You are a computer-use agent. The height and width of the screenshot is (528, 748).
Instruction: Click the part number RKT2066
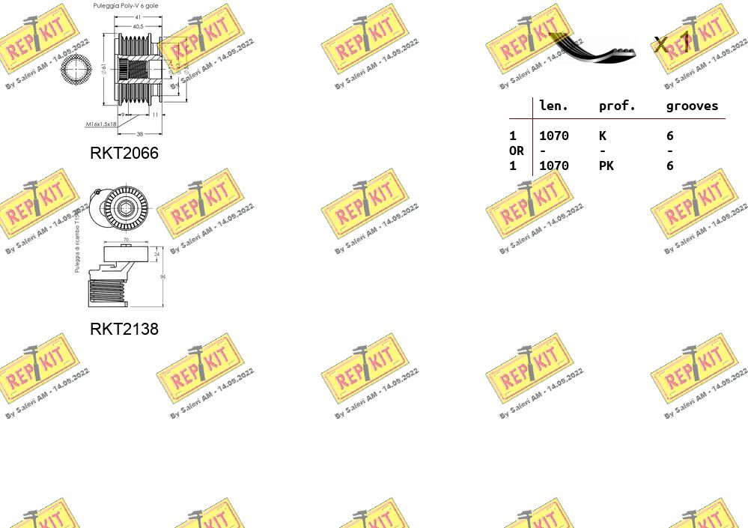pos(124,153)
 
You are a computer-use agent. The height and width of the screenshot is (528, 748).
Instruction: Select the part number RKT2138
pos(124,329)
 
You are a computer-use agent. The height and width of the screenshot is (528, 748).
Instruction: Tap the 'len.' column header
pos(553,106)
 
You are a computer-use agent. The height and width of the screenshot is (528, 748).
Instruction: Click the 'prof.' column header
pos(617,106)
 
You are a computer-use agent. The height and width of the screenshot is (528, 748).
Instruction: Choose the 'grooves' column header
pos(692,106)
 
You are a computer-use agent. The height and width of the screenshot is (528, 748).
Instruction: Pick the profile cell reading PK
pos(606,166)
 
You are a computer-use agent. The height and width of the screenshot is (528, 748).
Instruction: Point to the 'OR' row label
pos(517,151)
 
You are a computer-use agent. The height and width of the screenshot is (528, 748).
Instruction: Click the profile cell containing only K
pos(602,136)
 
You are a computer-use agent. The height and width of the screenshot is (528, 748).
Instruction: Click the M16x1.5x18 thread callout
pos(101,124)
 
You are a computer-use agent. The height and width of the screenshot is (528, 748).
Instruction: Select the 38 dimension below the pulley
pos(139,134)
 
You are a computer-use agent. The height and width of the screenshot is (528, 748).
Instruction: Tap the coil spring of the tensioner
pos(106,291)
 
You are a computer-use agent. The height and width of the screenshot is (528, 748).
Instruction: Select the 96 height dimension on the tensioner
pos(162,277)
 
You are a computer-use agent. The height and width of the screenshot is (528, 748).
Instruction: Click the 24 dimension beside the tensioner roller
pos(156,254)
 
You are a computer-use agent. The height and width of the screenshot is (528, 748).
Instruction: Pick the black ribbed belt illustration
pos(595,48)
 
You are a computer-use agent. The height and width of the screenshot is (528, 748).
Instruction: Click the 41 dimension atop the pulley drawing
pos(139,16)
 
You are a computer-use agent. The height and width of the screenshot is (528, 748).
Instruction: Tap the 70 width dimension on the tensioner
pos(125,240)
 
